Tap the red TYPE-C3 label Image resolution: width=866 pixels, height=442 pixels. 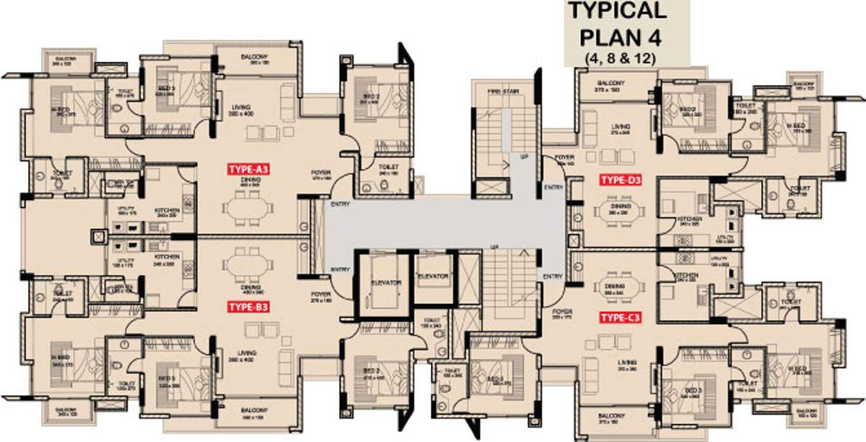click(620, 317)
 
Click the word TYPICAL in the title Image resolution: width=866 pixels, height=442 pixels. click(624, 12)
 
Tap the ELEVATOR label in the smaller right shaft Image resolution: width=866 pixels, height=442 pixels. click(433, 277)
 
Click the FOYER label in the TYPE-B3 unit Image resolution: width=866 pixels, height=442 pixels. click(320, 295)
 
